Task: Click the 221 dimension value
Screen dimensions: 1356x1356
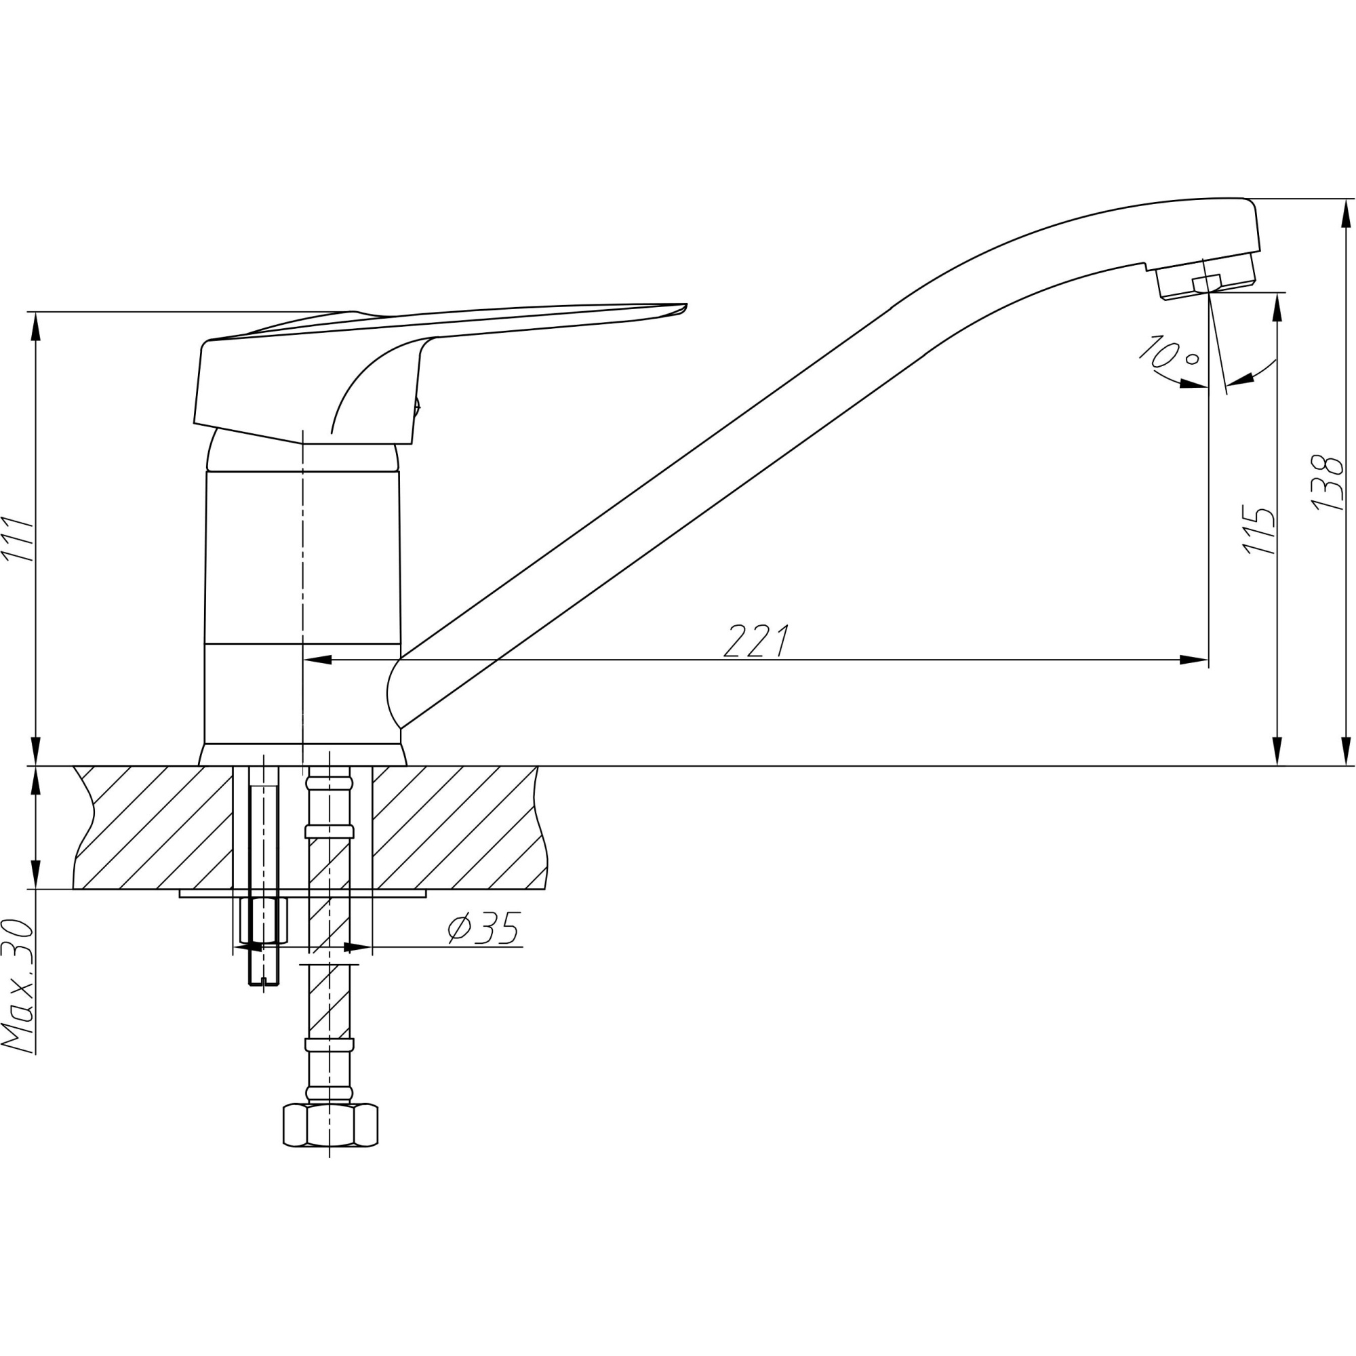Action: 756,641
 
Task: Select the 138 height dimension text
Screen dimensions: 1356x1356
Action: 1328,482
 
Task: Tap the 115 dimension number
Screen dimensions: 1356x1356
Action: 1259,530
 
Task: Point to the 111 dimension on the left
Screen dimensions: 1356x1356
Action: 18,538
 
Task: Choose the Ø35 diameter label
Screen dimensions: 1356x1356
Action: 484,929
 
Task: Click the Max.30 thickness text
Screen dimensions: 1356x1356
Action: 18,985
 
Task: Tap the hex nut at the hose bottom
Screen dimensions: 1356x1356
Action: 330,1125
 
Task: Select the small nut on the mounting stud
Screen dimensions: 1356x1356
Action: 263,920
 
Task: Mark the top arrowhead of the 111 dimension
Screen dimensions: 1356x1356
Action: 36,325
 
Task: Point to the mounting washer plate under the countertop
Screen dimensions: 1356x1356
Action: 302,894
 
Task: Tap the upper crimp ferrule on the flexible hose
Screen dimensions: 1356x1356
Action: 330,833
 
